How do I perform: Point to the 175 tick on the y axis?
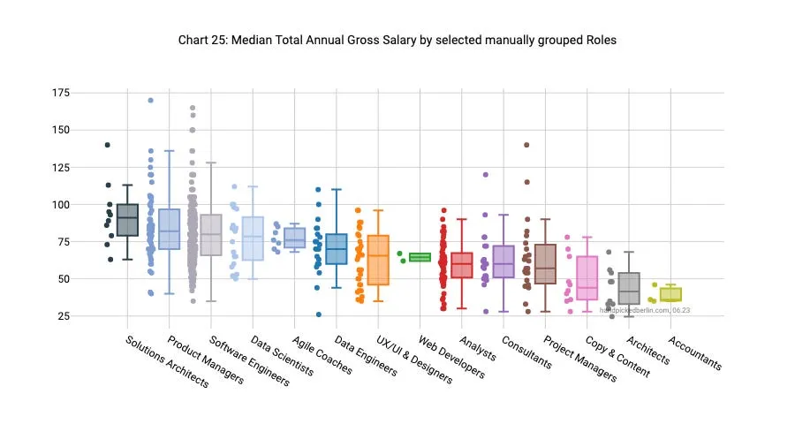click(61, 93)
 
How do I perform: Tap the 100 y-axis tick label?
click(61, 204)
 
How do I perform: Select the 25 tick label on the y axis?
click(64, 316)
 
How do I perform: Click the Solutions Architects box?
click(128, 220)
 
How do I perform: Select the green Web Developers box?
click(420, 257)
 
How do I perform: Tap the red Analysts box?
click(461, 265)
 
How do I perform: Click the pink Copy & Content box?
click(587, 278)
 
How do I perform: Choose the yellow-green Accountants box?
click(670, 294)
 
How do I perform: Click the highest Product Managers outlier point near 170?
click(150, 101)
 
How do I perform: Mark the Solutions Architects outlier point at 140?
click(107, 145)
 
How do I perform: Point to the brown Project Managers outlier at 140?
click(526, 145)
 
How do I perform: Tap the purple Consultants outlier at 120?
click(485, 175)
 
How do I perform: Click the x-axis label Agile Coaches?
click(323, 354)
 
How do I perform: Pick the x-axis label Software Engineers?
click(248, 360)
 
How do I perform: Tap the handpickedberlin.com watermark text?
click(645, 311)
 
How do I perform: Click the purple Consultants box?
click(503, 261)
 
